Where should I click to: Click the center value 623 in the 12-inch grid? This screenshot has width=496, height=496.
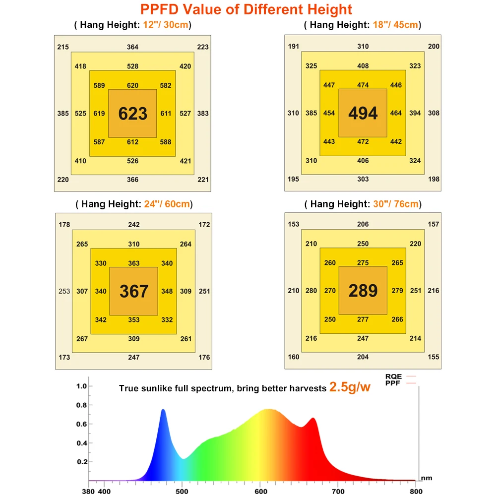(133, 114)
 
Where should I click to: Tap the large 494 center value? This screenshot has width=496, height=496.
(363, 114)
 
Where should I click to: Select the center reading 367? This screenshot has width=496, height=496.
(134, 291)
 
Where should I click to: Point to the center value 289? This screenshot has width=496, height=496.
(363, 291)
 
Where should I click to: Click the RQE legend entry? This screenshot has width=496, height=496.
(393, 376)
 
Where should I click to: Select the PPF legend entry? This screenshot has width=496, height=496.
(393, 383)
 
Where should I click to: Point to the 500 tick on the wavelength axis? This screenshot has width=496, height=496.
(182, 491)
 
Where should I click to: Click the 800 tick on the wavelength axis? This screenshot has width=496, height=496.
(416, 491)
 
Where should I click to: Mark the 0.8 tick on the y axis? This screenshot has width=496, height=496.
(81, 405)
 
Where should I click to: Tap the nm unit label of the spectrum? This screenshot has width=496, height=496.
(427, 478)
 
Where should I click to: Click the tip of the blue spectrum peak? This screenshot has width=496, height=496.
(163, 410)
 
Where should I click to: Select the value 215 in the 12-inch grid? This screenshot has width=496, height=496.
(63, 47)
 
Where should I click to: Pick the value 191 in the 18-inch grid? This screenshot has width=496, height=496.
(293, 46)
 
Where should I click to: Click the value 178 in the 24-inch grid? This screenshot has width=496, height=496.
(64, 225)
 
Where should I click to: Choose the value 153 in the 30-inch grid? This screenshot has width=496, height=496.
(294, 224)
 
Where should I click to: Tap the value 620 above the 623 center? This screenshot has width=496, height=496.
(132, 85)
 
